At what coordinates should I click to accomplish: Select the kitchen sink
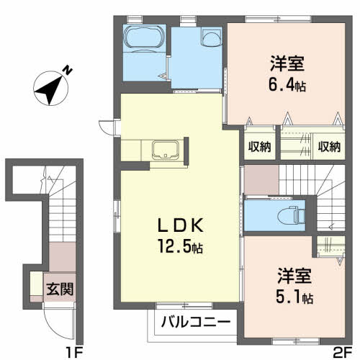click(166, 150)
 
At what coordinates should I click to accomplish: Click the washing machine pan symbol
click(211, 37)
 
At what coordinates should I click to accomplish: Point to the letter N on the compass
click(68, 70)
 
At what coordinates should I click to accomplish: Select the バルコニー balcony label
click(196, 322)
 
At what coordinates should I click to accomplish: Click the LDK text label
click(180, 225)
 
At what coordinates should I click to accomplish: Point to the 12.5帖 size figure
click(180, 246)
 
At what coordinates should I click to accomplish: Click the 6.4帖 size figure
click(287, 84)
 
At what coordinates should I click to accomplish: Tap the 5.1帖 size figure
click(294, 297)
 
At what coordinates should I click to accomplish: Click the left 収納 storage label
click(259, 146)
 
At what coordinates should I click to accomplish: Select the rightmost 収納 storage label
click(329, 146)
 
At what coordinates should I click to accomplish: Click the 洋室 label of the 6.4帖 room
click(287, 63)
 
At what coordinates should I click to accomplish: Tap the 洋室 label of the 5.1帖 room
click(294, 276)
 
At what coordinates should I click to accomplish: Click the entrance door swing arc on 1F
click(52, 330)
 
